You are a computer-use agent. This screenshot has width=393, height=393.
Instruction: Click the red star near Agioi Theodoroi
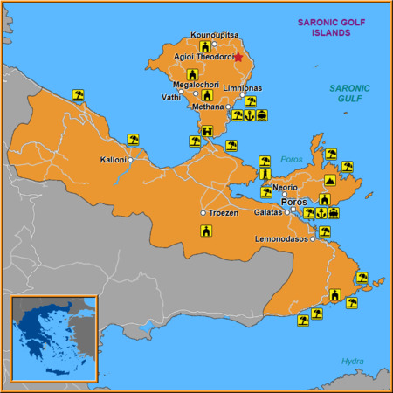(x=238, y=57)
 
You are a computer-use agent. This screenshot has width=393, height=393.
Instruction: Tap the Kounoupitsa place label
(x=213, y=35)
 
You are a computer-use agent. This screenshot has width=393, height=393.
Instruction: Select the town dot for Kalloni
(x=130, y=160)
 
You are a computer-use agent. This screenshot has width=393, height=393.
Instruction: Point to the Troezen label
(x=224, y=212)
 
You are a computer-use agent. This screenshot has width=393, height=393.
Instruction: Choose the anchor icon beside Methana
(x=250, y=114)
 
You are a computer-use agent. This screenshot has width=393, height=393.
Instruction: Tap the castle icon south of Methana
(x=207, y=132)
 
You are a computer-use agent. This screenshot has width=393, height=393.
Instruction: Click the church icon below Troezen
(x=206, y=231)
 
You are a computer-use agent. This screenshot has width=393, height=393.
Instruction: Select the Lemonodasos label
(x=282, y=238)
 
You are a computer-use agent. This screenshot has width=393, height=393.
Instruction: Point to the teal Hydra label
(x=352, y=361)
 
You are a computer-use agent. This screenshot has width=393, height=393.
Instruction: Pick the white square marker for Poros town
(x=293, y=210)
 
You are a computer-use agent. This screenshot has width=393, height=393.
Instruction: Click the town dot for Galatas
(x=286, y=212)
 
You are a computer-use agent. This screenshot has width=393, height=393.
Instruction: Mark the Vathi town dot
(x=181, y=91)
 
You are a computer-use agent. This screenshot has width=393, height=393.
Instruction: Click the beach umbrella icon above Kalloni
(x=133, y=139)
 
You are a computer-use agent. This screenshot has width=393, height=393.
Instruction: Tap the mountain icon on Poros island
(x=329, y=180)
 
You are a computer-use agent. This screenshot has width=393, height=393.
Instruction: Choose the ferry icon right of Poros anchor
(x=334, y=212)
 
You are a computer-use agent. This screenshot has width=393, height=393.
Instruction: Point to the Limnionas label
(x=242, y=88)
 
